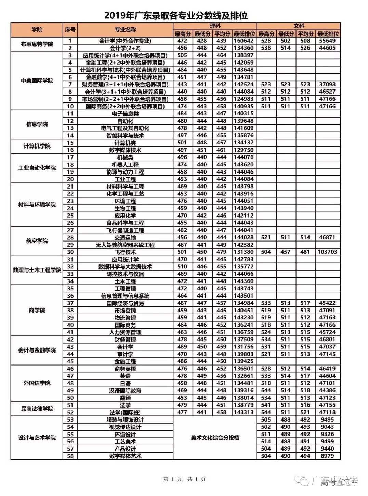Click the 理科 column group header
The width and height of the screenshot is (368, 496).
[x=215, y=26]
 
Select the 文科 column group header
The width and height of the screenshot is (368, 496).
[x=299, y=26]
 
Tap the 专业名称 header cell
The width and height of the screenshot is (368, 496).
[x=125, y=30]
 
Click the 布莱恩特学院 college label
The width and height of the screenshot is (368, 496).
[x=37, y=44]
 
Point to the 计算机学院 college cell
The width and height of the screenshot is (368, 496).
[x=37, y=146]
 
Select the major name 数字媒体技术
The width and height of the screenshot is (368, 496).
[x=125, y=150]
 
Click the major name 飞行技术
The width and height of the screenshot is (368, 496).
[x=125, y=252]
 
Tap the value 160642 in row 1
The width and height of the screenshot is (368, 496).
[x=244, y=41]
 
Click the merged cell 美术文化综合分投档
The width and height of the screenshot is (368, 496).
[x=215, y=438]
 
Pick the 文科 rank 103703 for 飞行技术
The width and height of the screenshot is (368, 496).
[x=327, y=252]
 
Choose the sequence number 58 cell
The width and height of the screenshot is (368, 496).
[x=70, y=456]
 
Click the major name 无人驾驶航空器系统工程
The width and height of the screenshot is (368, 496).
[x=125, y=245]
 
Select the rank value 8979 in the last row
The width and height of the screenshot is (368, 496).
[x=327, y=456]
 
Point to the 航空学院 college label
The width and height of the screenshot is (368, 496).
[x=37, y=241]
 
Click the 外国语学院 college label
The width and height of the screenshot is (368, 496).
[x=37, y=383]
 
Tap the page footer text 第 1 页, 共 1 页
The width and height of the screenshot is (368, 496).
[x=184, y=479]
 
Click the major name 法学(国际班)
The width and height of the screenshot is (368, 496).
[x=125, y=412]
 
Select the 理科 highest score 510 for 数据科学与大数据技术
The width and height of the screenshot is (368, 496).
[x=182, y=267]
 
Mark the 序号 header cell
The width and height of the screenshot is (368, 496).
[x=70, y=30]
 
